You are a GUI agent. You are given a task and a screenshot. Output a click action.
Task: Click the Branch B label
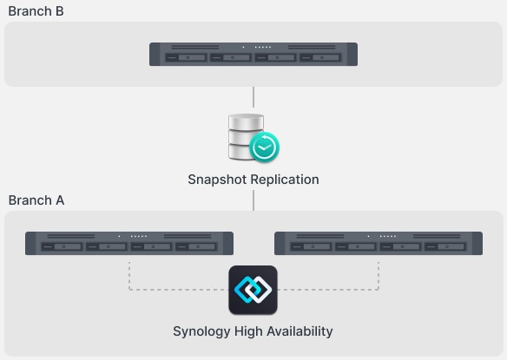point(36,11)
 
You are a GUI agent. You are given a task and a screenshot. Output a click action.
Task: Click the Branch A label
point(36,200)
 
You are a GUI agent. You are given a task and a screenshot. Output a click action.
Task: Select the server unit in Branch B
point(253,55)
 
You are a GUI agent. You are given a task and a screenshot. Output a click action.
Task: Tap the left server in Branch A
point(128,243)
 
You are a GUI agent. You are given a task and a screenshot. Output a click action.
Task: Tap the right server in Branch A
point(379,243)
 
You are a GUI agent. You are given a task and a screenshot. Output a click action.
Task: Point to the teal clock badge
point(265,148)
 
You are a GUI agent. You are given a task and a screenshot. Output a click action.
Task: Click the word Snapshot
point(217,180)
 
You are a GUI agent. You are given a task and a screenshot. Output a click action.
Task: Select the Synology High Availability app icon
point(253,290)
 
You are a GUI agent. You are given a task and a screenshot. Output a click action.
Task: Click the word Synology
point(201,331)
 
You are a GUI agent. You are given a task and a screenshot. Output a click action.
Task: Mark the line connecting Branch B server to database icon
point(253,97)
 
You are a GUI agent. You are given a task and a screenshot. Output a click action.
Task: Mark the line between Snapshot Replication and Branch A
point(253,200)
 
